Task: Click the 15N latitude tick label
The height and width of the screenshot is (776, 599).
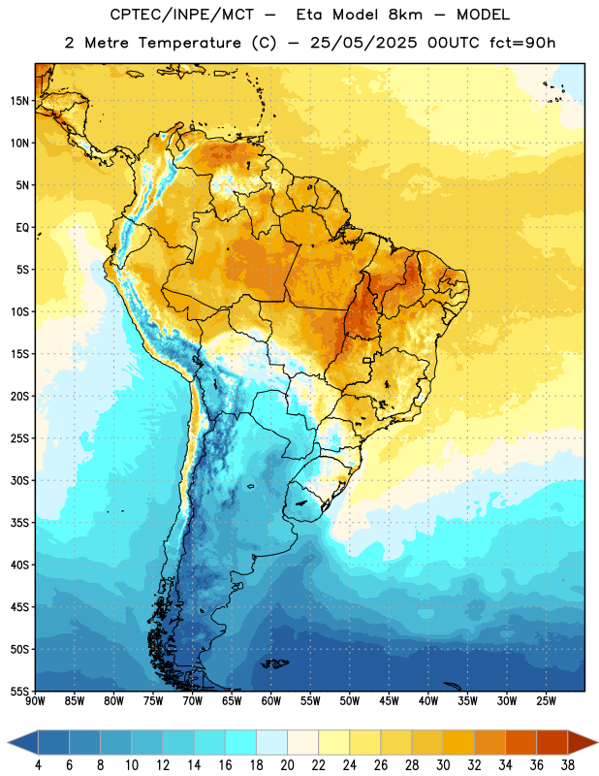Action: point(19,101)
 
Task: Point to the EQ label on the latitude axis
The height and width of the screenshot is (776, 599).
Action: point(22,228)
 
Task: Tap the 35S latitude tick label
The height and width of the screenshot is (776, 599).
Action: point(19,523)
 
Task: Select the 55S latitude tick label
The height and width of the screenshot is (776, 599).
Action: point(19,691)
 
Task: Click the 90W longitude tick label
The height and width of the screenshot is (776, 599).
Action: point(35,701)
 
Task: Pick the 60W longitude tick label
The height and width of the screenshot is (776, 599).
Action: point(271,701)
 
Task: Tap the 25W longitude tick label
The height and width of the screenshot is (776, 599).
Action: point(546,701)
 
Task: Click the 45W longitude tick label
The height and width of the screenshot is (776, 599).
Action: point(389,701)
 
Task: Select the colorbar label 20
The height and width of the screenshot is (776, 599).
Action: point(287,765)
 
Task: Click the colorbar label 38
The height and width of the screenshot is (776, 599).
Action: point(568,765)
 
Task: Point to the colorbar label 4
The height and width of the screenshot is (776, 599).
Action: point(38,765)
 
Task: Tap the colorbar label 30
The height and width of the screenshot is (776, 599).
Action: point(443,765)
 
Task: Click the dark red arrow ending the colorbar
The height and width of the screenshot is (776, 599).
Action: point(582,742)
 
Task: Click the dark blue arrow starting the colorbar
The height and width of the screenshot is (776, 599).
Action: point(23,742)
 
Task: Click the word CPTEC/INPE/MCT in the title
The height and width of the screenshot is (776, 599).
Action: point(182,15)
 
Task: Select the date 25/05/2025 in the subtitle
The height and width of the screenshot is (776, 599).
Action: point(363,43)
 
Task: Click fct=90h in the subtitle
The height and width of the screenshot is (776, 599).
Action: point(522,43)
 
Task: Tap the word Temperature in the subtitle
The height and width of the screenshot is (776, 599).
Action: point(189,43)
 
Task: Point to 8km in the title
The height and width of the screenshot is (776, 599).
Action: point(405,15)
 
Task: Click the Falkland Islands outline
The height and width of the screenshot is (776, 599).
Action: point(274,663)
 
